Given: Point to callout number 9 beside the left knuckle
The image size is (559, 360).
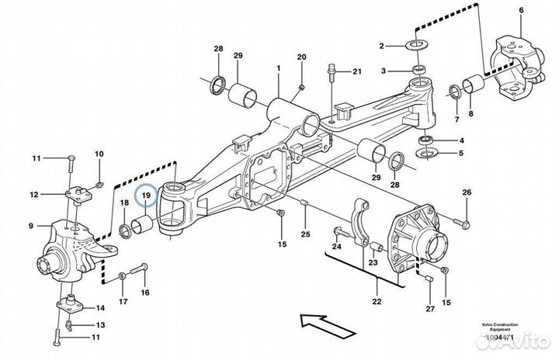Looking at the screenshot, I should (32, 227).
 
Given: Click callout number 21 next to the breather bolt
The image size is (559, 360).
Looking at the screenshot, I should (357, 72).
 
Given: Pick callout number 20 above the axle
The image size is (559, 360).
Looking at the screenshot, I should (302, 57).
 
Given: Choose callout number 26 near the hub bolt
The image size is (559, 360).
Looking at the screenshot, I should (467, 192).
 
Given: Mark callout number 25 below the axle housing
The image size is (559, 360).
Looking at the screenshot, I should (306, 234).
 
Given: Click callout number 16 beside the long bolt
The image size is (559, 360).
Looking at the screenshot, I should (144, 293).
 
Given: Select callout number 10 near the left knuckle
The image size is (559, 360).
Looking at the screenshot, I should (99, 154).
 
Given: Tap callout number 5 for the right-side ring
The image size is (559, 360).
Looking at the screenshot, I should (461, 154).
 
